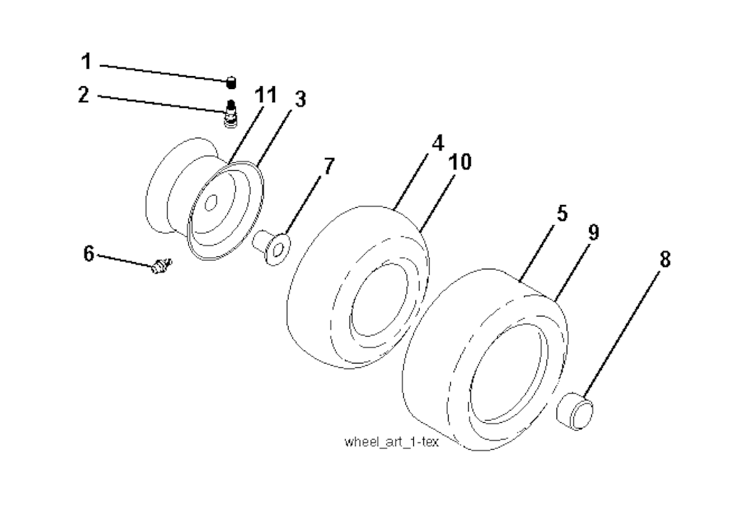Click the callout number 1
[x=85, y=62]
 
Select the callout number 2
[x=84, y=95]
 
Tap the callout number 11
[x=265, y=95]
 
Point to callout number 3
[x=300, y=99]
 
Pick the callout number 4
[x=438, y=143]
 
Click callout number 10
[x=460, y=162]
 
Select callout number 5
[x=562, y=214]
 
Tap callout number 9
[x=593, y=232]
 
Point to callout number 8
[x=665, y=259]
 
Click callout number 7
[x=329, y=166]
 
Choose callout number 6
[x=89, y=254]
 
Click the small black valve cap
[x=231, y=83]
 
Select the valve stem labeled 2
[x=230, y=113]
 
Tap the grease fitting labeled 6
[x=161, y=265]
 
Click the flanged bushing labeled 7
[x=272, y=245]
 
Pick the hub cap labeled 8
[x=575, y=410]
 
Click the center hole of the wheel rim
[x=211, y=203]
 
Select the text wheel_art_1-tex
[x=391, y=442]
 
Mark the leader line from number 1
[x=164, y=73]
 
